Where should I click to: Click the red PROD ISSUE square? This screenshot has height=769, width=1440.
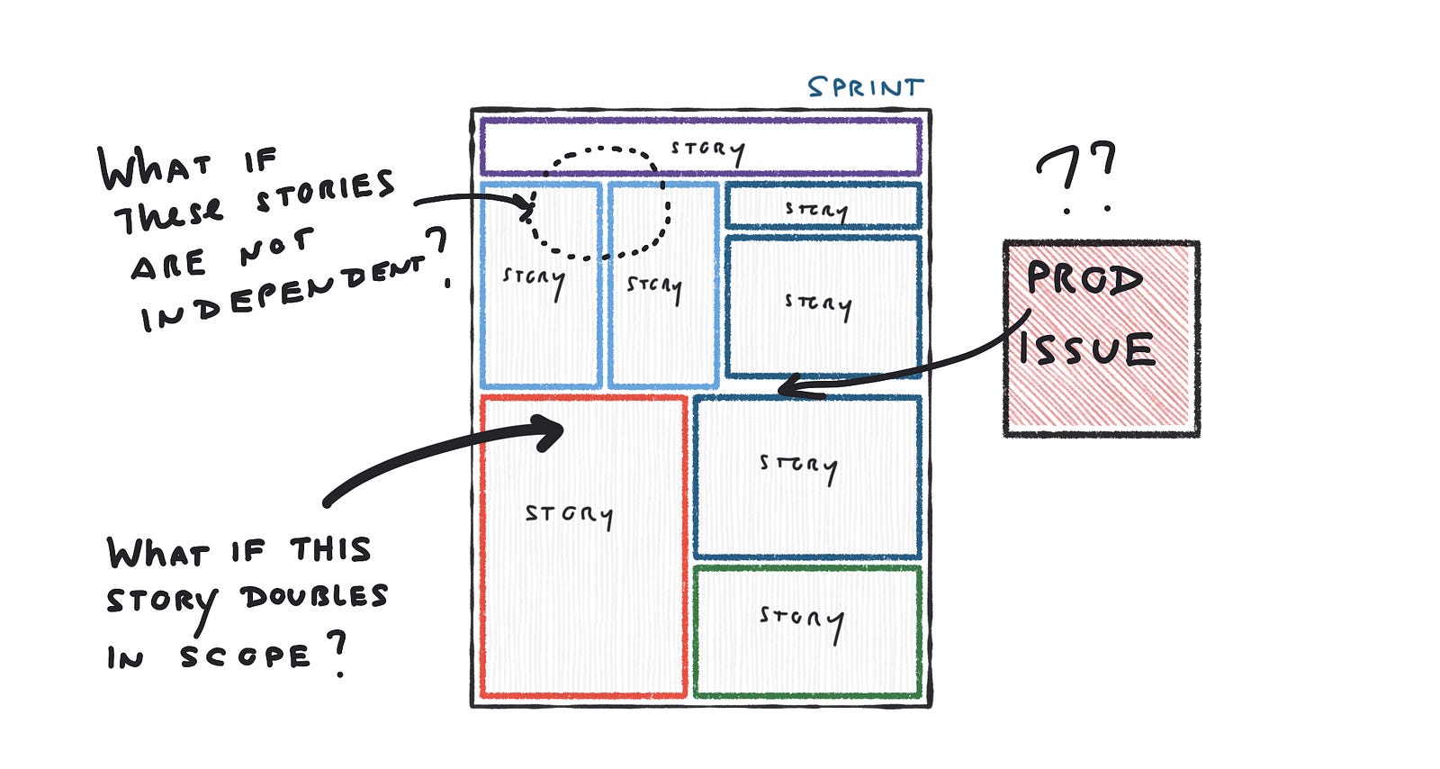click(x=1102, y=396)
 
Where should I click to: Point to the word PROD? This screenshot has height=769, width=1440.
click(x=1084, y=279)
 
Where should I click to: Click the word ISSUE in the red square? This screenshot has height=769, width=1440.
click(x=1086, y=349)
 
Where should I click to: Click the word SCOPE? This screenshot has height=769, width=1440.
click(x=245, y=656)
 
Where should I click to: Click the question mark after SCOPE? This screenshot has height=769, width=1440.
click(x=337, y=654)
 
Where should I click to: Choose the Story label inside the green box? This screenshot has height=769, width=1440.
click(x=801, y=620)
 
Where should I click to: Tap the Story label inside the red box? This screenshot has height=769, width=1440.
click(x=569, y=515)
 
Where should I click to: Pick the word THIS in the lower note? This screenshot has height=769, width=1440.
click(x=330, y=550)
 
